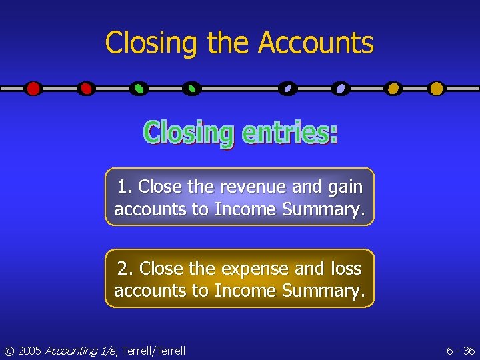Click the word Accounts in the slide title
(316, 43)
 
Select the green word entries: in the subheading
(289, 132)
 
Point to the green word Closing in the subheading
(189, 133)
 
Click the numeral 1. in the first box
(125, 187)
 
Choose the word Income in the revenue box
(245, 209)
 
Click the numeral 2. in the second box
(125, 269)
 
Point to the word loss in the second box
(346, 269)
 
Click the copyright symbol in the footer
(9, 351)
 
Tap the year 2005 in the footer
(29, 351)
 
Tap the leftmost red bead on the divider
(33, 88)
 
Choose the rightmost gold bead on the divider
(437, 88)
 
